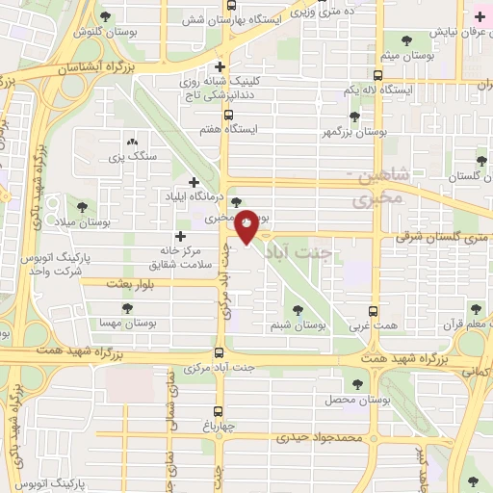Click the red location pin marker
pos(247,227)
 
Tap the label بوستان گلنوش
pos(72,29)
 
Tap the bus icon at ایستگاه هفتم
pos(228,115)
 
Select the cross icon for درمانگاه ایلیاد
pos(195,182)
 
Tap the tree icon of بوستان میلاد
pos(81,206)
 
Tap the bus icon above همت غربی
pos(375,311)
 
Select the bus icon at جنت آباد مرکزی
pos(219,352)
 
